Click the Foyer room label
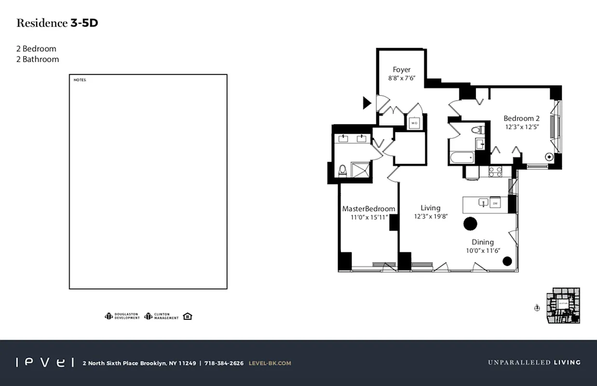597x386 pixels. tap(401, 69)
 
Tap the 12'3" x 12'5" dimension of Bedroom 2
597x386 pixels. tap(521, 127)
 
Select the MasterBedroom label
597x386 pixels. tap(368, 208)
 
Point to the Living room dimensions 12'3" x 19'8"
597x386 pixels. tap(431, 217)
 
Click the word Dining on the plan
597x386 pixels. tap(483, 242)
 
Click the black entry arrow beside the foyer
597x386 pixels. tap(366, 102)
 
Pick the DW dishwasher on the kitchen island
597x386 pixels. tap(495, 204)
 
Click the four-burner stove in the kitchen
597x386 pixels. tap(495, 171)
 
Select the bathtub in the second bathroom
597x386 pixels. tap(461, 158)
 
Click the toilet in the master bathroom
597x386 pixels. tap(342, 170)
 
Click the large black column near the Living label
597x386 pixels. tap(470, 223)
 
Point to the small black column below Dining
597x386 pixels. tap(507, 261)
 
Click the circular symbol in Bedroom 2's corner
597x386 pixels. tap(549, 156)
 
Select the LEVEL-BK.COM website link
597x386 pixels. tap(270, 363)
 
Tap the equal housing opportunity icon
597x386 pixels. tap(188, 317)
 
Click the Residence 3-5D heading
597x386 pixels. tap(57, 23)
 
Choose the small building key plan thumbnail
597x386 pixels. tap(563, 306)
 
